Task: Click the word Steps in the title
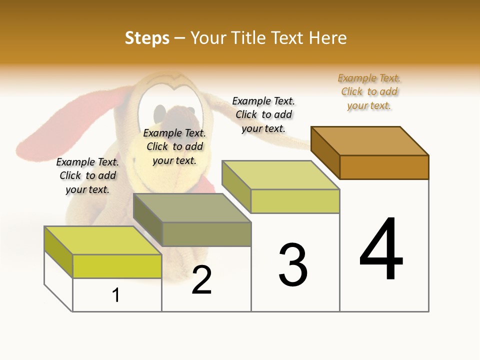pos(147,38)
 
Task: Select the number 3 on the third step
pos(293,265)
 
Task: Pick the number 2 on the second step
pos(201,280)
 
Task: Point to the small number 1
pos(116,295)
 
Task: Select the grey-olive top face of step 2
pos(192,208)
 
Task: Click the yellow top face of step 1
pos(103,240)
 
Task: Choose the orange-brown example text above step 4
pos(369,92)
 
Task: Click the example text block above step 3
pos(263,114)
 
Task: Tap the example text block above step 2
pos(174,146)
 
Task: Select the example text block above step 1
pos(87,175)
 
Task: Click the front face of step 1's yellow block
pos(117,266)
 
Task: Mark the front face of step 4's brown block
pos(384,167)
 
